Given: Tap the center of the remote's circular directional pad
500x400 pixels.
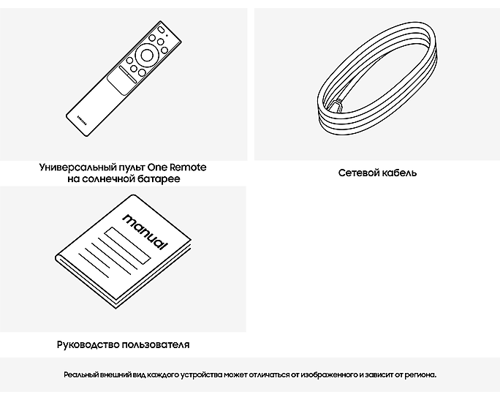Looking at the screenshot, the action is click(x=147, y=54).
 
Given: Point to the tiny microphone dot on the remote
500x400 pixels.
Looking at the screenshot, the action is click(x=167, y=34).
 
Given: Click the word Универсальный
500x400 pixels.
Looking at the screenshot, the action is click(x=75, y=167).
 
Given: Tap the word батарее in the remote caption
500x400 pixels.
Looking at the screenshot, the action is click(x=159, y=179).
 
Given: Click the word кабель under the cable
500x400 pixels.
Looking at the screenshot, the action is click(x=399, y=173).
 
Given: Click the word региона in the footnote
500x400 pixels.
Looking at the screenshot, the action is click(x=419, y=374).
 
